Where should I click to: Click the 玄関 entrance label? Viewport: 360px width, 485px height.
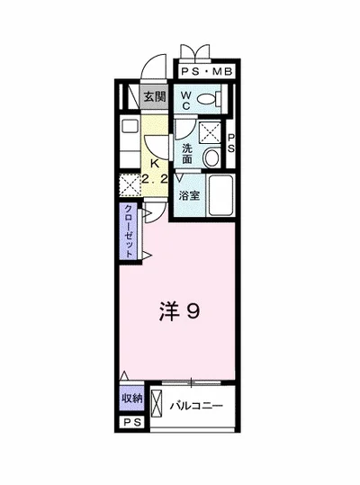click(153, 95)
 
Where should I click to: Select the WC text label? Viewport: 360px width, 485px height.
click(185, 101)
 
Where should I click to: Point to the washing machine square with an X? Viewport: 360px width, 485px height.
click(212, 132)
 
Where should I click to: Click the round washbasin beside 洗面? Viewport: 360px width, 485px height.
click(212, 158)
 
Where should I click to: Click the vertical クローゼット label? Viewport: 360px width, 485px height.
click(130, 231)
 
